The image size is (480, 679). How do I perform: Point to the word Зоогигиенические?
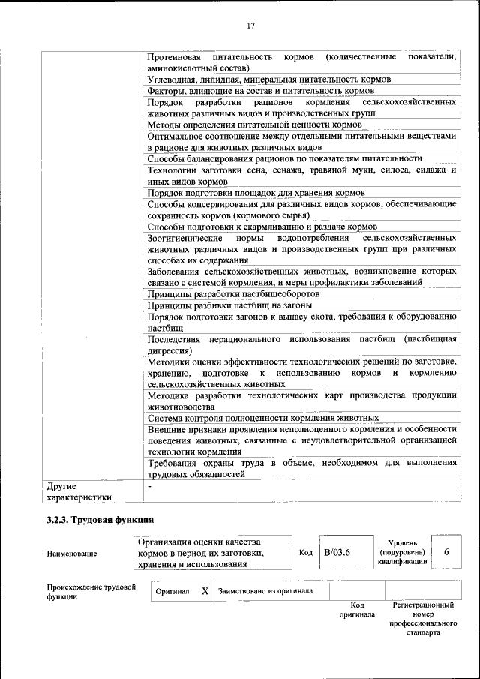point(184,238)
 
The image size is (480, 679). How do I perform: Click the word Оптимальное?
point(177,136)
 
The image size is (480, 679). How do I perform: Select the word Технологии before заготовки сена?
point(174,170)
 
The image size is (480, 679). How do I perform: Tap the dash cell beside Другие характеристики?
point(149,486)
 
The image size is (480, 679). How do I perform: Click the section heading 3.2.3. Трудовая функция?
point(100,518)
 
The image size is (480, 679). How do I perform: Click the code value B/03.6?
point(337,553)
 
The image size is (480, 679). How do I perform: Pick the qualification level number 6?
point(446,552)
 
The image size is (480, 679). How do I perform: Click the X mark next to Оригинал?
point(204,591)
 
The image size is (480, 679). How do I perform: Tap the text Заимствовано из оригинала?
point(265,591)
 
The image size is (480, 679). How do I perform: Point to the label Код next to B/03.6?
point(305,553)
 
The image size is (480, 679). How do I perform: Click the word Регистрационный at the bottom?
point(423,604)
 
